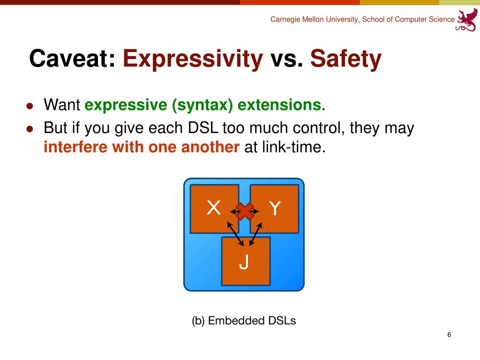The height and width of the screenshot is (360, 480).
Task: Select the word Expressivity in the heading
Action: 193,60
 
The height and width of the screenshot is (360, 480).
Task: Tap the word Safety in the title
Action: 346,60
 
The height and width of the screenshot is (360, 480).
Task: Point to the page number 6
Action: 449,335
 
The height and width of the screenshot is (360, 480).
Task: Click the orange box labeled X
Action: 214,209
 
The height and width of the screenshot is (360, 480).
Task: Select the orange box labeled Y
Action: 275,209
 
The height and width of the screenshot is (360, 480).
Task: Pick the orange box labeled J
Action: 246,261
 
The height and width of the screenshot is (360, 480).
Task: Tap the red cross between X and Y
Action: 245,211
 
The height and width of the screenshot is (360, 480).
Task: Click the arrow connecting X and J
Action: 235,234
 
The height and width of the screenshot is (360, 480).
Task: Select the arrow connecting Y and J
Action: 255,234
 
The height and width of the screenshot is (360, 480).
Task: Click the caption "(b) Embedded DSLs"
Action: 244,321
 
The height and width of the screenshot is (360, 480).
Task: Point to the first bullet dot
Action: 30,106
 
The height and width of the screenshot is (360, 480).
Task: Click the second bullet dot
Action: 30,129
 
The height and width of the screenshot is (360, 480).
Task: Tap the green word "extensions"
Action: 279,105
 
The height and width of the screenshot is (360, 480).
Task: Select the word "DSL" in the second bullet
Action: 203,128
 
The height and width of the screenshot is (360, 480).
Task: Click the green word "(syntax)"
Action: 202,105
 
